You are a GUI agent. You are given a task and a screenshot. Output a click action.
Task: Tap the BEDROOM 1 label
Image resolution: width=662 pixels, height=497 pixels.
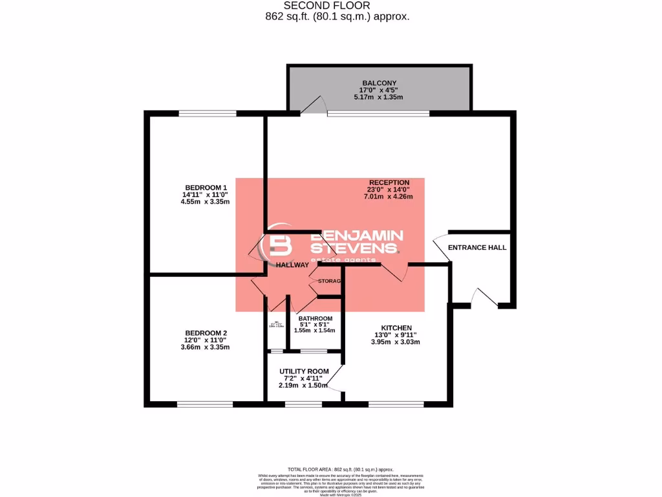pyautogui.click(x=206, y=187)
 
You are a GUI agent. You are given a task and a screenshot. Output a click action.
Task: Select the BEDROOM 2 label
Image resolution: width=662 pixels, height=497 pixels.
pyautogui.click(x=206, y=333)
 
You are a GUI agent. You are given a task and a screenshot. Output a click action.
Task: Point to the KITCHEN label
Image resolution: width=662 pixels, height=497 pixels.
pyautogui.click(x=396, y=328)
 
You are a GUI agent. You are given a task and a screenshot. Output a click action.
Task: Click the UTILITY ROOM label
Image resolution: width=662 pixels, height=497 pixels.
pyautogui.click(x=304, y=371)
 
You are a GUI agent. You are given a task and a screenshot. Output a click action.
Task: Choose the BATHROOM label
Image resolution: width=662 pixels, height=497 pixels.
pyautogui.click(x=315, y=318)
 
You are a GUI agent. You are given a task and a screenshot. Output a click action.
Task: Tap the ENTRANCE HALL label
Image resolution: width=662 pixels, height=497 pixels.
pyautogui.click(x=477, y=248)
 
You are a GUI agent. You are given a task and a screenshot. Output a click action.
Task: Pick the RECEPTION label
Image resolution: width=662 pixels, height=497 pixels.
pyautogui.click(x=389, y=182)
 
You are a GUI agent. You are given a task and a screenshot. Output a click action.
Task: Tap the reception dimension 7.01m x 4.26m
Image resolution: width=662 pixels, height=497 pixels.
pyautogui.click(x=389, y=197)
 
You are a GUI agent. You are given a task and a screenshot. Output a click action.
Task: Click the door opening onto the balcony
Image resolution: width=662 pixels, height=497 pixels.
pyautogui.click(x=315, y=106)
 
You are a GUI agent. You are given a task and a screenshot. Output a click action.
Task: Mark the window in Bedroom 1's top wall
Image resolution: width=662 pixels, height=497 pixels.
pyautogui.click(x=208, y=114)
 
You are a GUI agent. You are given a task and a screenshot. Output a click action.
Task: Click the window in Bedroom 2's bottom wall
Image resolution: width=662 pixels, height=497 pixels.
pyautogui.click(x=205, y=404)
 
